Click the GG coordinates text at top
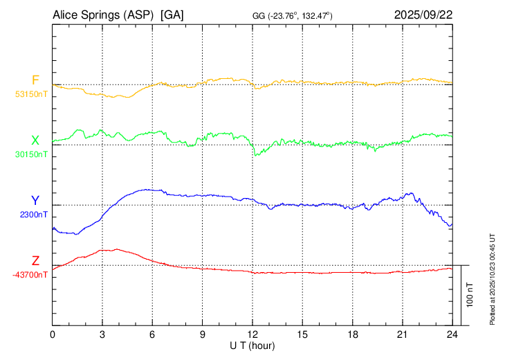[293, 15]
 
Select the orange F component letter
[35, 80]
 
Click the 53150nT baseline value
[31, 94]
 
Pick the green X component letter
[35, 141]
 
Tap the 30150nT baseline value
[31, 154]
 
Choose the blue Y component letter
[35, 201]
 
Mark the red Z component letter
[35, 261]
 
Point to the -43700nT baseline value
[30, 275]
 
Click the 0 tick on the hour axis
[53, 334]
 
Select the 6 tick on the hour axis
[152, 334]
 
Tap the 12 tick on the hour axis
[252, 334]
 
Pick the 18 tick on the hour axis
[352, 334]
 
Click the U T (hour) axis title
[252, 345]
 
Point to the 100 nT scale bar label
[471, 295]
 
